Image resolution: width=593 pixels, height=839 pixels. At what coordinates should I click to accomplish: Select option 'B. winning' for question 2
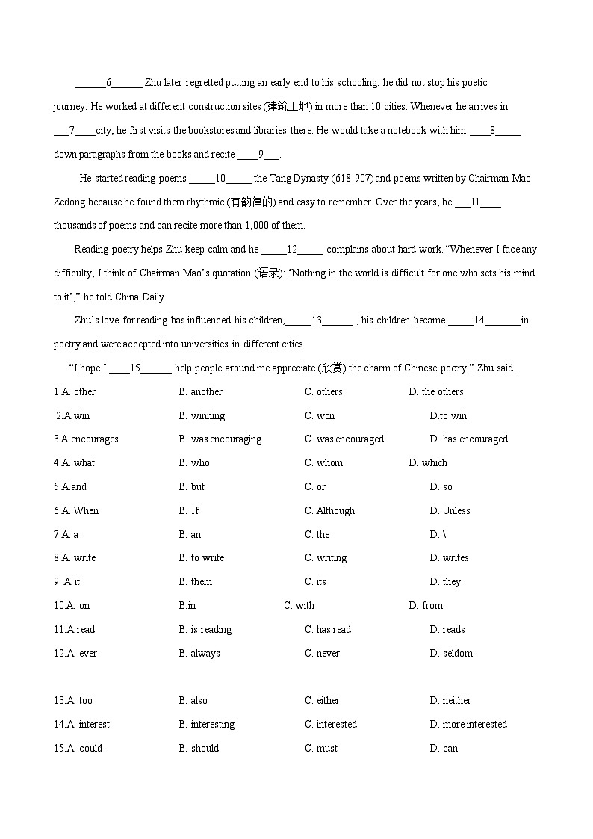(202, 416)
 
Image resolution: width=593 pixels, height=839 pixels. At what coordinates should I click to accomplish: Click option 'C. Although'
(329, 511)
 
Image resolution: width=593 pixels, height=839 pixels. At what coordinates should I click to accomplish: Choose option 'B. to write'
(202, 558)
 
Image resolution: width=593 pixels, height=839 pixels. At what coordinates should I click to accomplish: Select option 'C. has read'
(327, 630)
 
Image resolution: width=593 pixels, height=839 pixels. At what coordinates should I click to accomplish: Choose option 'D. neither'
(450, 701)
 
